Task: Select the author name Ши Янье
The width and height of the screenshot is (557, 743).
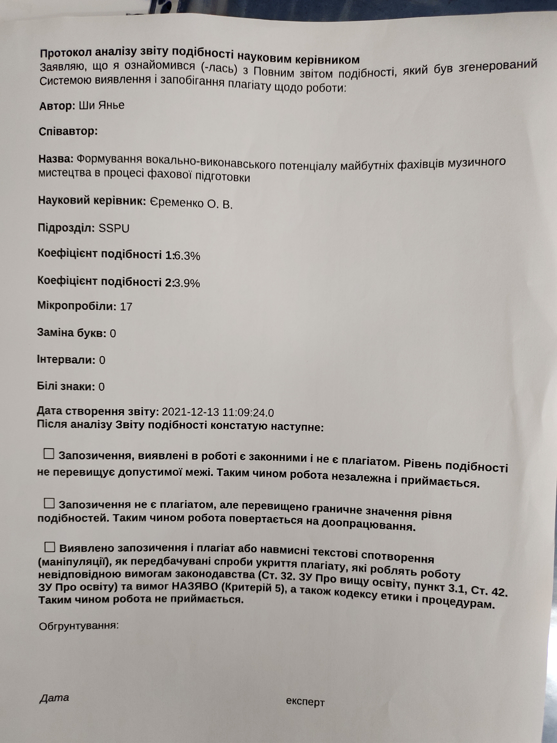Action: (101, 105)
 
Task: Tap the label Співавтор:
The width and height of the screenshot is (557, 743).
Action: (68, 131)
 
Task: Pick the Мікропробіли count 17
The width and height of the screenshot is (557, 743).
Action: (126, 307)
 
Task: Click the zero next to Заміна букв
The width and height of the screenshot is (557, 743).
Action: (113, 334)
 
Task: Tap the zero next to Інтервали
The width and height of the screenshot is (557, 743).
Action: (102, 360)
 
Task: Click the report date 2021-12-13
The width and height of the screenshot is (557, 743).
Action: (190, 412)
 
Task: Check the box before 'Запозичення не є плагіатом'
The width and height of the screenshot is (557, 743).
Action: (49, 503)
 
